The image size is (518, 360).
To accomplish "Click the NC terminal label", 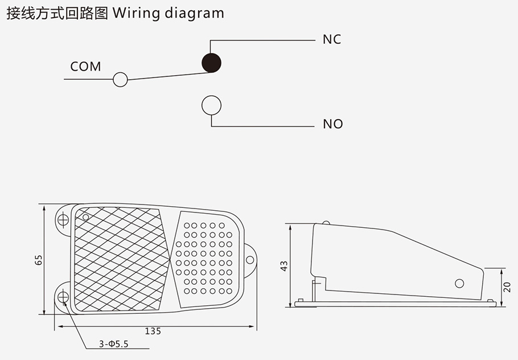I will pyautogui.click(x=331, y=39).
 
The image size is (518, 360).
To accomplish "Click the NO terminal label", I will pyautogui.click(x=332, y=124).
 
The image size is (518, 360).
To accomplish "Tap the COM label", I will pyautogui.click(x=85, y=67).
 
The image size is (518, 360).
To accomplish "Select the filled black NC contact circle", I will pyautogui.click(x=212, y=62).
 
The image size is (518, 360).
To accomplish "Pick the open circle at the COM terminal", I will pyautogui.click(x=120, y=79).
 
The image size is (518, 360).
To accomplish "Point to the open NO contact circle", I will pyautogui.click(x=211, y=105).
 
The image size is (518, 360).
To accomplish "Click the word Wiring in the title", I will pyautogui.click(x=137, y=13).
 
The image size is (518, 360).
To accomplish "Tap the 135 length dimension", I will pyautogui.click(x=153, y=331).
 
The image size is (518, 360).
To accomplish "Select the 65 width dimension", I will pyautogui.click(x=39, y=260).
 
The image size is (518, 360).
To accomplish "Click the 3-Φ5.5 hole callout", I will pyautogui.click(x=114, y=344).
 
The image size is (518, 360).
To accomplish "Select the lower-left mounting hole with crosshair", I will pyautogui.click(x=63, y=296).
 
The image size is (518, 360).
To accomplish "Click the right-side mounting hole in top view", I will pyautogui.click(x=249, y=260).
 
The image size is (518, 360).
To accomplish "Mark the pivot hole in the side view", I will pyautogui.click(x=459, y=283).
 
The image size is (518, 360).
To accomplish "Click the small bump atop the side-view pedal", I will pyautogui.click(x=325, y=223).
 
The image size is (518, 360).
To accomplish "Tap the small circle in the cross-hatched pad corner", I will pyautogui.click(x=86, y=217).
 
